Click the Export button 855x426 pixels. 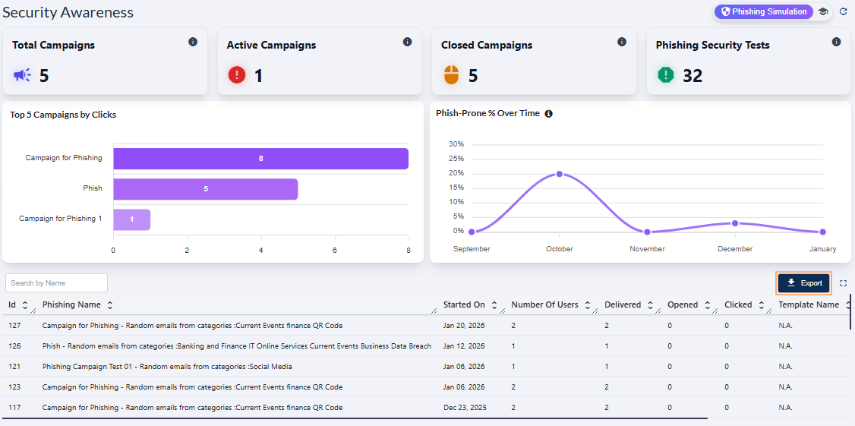804,283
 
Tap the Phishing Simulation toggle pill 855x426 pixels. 763,12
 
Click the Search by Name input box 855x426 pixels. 56,283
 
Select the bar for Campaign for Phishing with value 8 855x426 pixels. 260,159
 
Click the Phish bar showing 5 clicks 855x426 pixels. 205,189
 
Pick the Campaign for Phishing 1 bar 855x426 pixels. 131,219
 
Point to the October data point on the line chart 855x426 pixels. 560,174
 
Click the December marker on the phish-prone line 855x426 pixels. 735,223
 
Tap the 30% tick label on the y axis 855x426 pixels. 456,144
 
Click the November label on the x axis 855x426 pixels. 647,249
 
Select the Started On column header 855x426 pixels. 464,305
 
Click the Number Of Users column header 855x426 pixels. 544,305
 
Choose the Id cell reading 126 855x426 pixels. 15,346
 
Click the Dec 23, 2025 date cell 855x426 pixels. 464,408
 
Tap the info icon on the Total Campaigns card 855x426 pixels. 193,42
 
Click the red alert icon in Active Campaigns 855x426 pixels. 237,75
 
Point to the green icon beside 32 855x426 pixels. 666,75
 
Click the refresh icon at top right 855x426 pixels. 843,12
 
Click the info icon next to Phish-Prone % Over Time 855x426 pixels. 548,114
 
